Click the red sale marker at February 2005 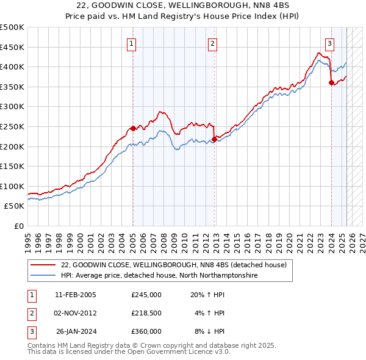(133, 128)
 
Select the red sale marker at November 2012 (215, 139)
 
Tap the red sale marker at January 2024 (331, 83)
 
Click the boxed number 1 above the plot (132, 43)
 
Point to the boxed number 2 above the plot (212, 43)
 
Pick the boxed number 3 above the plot (329, 43)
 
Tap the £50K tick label (15, 206)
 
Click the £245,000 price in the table (146, 295)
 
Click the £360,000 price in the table (146, 331)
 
